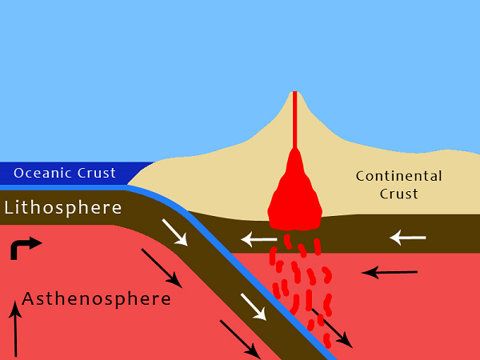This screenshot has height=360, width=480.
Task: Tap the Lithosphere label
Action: point(63,208)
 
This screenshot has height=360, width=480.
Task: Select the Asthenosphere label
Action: point(96,299)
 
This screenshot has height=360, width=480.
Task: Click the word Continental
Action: point(398,176)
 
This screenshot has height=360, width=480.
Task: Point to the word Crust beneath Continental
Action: point(398,194)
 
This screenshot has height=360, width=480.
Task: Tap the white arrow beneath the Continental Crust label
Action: point(407,237)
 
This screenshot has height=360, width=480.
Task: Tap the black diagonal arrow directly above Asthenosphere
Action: point(161,267)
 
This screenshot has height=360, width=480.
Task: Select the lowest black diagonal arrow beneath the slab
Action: point(239,339)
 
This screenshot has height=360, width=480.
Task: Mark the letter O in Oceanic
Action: point(19,173)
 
